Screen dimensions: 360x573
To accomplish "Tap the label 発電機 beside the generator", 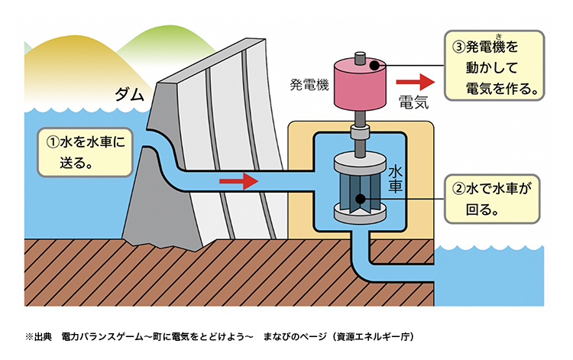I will (x=309, y=83).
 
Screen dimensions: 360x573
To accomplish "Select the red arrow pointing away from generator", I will (x=413, y=79).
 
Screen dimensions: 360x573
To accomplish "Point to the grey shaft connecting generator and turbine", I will (x=359, y=137).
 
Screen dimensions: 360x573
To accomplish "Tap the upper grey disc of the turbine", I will (x=358, y=163).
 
